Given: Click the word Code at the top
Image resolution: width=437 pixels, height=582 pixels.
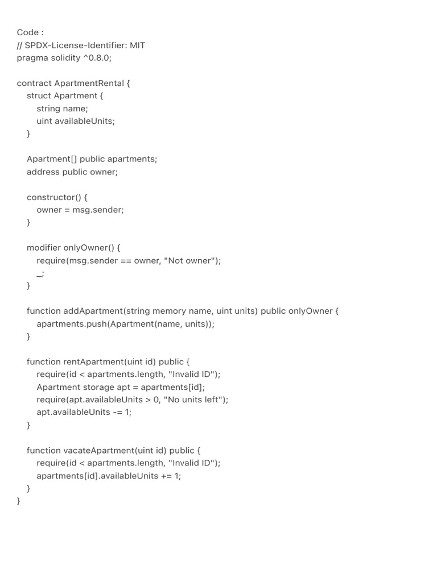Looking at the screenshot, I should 27,32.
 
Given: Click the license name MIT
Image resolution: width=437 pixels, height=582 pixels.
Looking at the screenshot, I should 137,45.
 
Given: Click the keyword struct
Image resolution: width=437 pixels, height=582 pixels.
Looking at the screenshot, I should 39,95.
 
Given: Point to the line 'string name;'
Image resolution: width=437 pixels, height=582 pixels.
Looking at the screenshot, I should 63,109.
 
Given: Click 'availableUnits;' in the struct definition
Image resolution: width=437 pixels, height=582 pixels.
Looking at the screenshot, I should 85,121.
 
